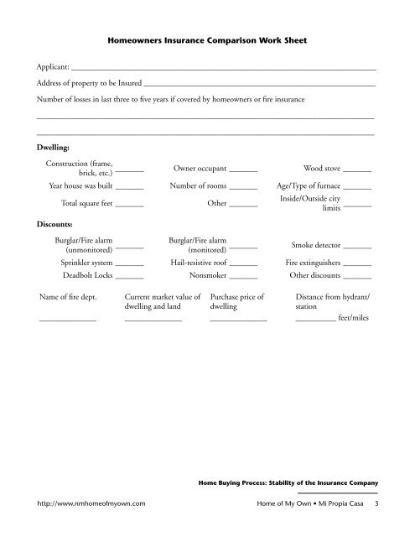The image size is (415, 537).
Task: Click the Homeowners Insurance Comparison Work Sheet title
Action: pyautogui.click(x=207, y=39)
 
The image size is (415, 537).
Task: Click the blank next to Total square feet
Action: pyautogui.click(x=129, y=206)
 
